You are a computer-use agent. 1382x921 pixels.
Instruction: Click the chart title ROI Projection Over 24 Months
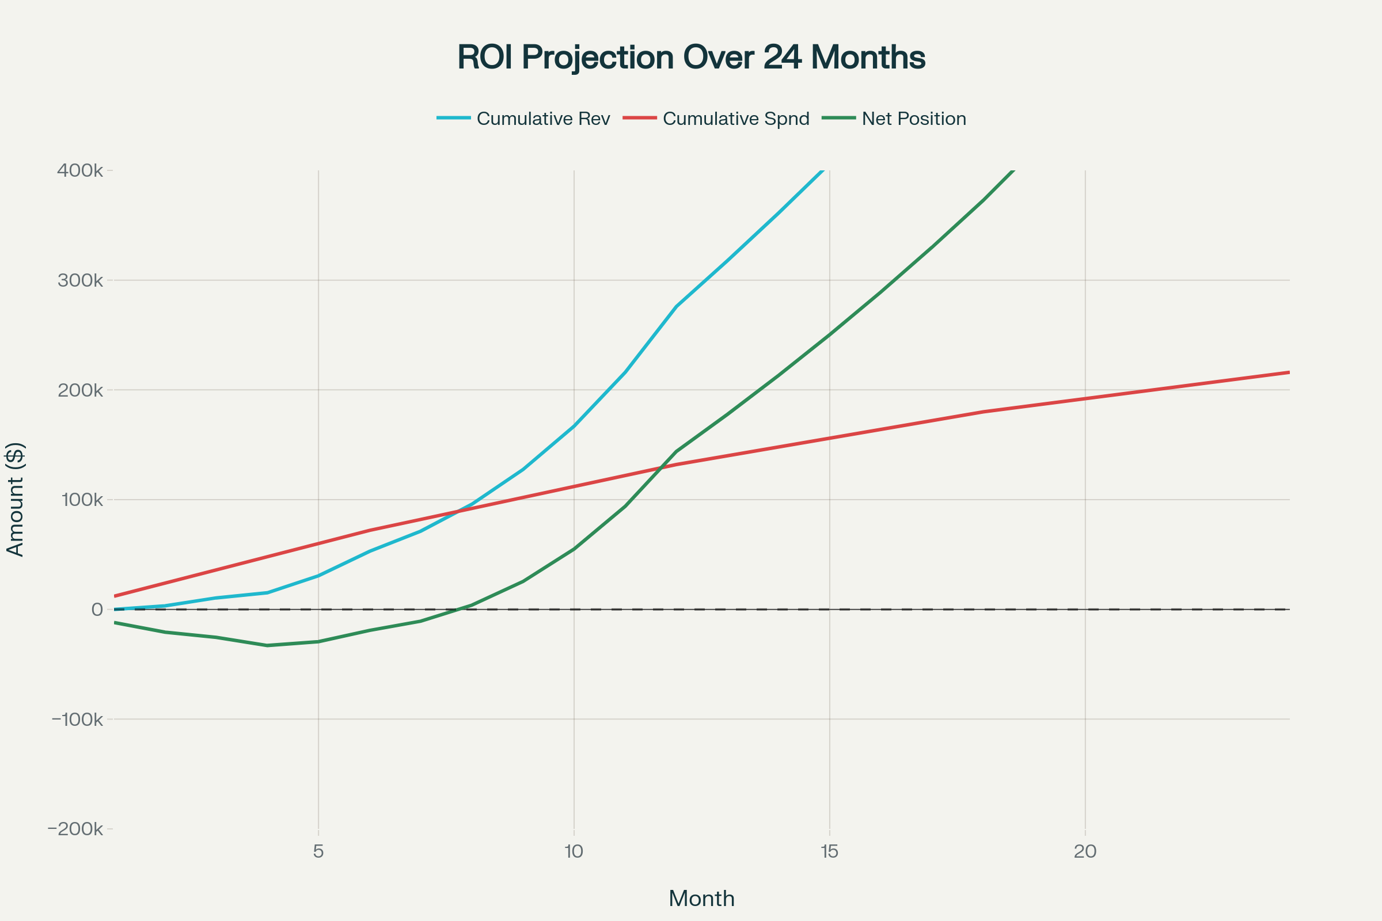coord(691,58)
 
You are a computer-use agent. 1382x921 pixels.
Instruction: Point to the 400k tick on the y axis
coord(80,170)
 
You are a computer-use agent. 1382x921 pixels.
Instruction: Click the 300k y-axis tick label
coord(80,280)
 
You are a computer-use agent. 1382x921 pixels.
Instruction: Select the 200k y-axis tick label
coord(80,390)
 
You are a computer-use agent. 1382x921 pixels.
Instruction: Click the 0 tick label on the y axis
coord(97,610)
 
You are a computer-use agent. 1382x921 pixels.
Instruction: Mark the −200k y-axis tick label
coord(75,829)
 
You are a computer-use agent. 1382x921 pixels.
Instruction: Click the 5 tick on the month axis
coord(318,852)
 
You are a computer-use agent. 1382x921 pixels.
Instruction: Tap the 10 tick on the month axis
coord(574,852)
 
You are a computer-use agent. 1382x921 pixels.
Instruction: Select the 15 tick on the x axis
coord(829,852)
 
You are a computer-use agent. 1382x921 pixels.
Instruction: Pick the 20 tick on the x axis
coord(1085,852)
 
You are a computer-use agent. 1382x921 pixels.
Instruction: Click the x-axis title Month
coord(701,899)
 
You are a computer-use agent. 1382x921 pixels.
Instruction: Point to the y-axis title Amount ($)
coord(16,499)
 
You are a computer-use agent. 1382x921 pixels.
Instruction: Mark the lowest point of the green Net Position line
coord(267,645)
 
